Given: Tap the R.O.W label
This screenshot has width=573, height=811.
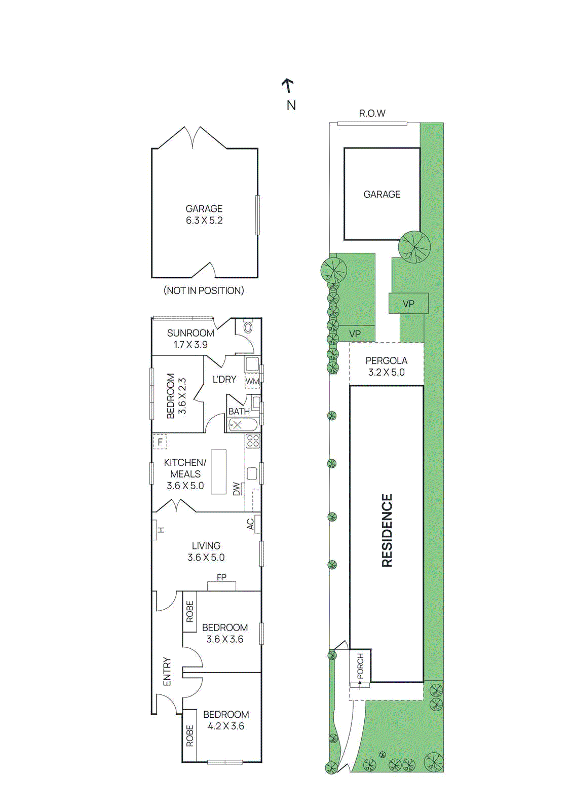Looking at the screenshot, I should pyautogui.click(x=372, y=114).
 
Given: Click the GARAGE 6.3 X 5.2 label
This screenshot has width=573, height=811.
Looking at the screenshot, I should pyautogui.click(x=204, y=214).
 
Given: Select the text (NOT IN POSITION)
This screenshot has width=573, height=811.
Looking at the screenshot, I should pyautogui.click(x=204, y=290).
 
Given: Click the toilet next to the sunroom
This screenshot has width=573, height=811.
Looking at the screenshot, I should pyautogui.click(x=248, y=327).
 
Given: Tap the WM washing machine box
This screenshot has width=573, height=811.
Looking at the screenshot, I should pyautogui.click(x=252, y=381).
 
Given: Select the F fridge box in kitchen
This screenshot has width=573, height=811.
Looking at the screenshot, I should pyautogui.click(x=160, y=442).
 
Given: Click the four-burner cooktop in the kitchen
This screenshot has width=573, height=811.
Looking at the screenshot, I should pyautogui.click(x=253, y=440).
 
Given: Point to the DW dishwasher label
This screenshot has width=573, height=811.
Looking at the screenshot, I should pyautogui.click(x=237, y=489).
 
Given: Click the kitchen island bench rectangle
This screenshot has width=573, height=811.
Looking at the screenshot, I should pyautogui.click(x=218, y=471).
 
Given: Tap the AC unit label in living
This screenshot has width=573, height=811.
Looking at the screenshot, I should pyautogui.click(x=250, y=524).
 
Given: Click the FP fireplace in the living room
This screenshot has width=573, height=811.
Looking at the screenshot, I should pyautogui.click(x=221, y=585).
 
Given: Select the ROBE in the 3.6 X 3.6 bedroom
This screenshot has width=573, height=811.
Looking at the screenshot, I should pyautogui.click(x=190, y=612).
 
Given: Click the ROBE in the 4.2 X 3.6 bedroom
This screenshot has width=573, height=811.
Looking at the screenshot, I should pyautogui.click(x=190, y=735).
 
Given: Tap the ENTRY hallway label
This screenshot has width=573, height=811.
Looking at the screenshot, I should pyautogui.click(x=167, y=672).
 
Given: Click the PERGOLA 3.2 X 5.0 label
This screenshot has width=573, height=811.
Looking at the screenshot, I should pyautogui.click(x=387, y=366).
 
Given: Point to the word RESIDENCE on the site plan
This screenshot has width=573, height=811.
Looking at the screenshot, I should pyautogui.click(x=387, y=531).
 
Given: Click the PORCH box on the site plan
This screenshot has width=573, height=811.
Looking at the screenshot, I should pyautogui.click(x=360, y=666).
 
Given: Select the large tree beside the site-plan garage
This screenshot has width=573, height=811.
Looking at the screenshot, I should pyautogui.click(x=414, y=247).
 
